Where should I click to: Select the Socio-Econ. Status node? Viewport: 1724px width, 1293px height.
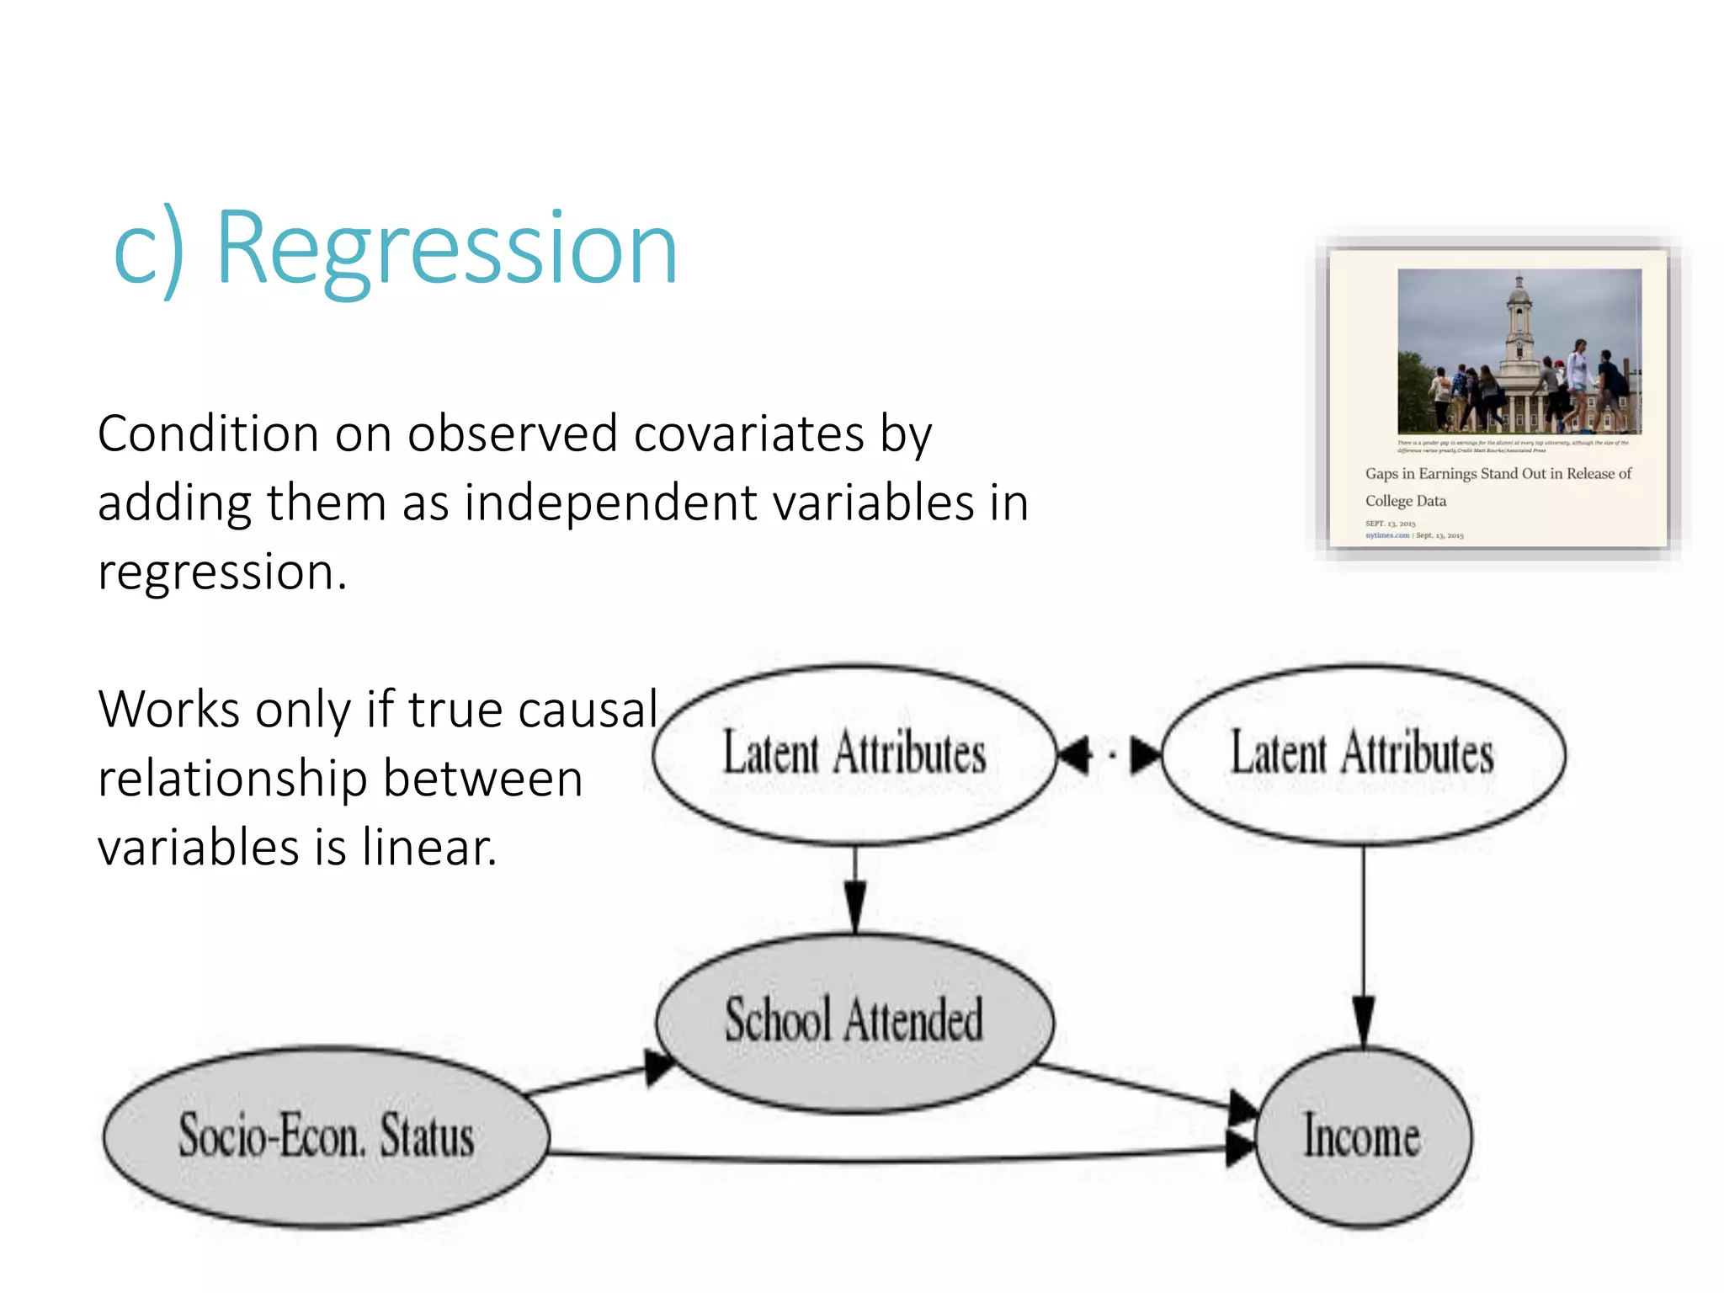point(326,1136)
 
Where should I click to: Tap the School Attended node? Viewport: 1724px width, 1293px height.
point(854,1021)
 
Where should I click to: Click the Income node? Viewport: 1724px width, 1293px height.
point(1363,1136)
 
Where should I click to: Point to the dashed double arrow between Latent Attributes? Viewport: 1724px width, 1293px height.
point(1109,754)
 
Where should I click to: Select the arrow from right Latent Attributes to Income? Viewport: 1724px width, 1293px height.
point(1364,943)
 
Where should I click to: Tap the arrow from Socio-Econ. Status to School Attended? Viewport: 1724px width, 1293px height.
point(598,1078)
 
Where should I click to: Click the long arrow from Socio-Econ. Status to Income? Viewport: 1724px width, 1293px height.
point(884,1159)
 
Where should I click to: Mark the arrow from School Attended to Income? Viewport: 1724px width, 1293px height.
point(1145,1088)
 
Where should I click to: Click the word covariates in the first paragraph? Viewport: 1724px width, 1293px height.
point(749,435)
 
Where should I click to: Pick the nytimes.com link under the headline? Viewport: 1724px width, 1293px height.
point(1386,535)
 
